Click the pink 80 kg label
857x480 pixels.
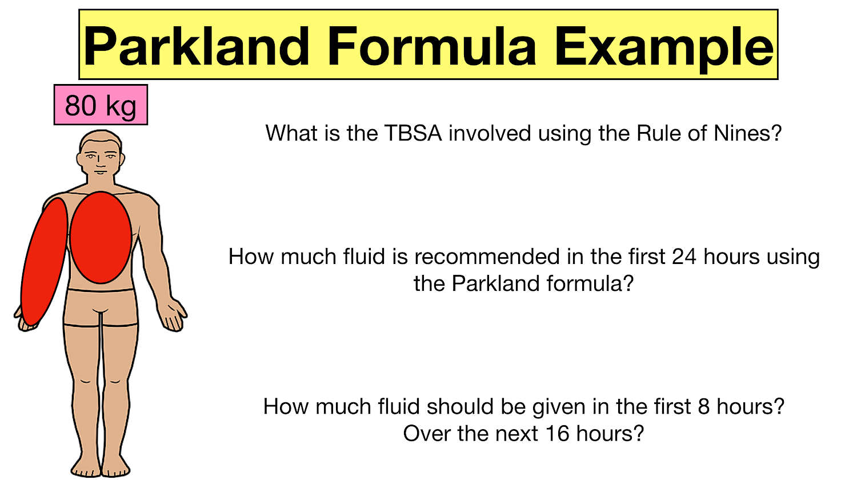point(101,105)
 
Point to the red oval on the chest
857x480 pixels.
point(101,237)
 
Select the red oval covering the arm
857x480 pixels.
point(43,262)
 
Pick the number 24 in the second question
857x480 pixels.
point(684,257)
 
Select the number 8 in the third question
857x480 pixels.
point(703,407)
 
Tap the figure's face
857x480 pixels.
point(101,159)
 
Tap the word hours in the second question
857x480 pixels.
point(732,257)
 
